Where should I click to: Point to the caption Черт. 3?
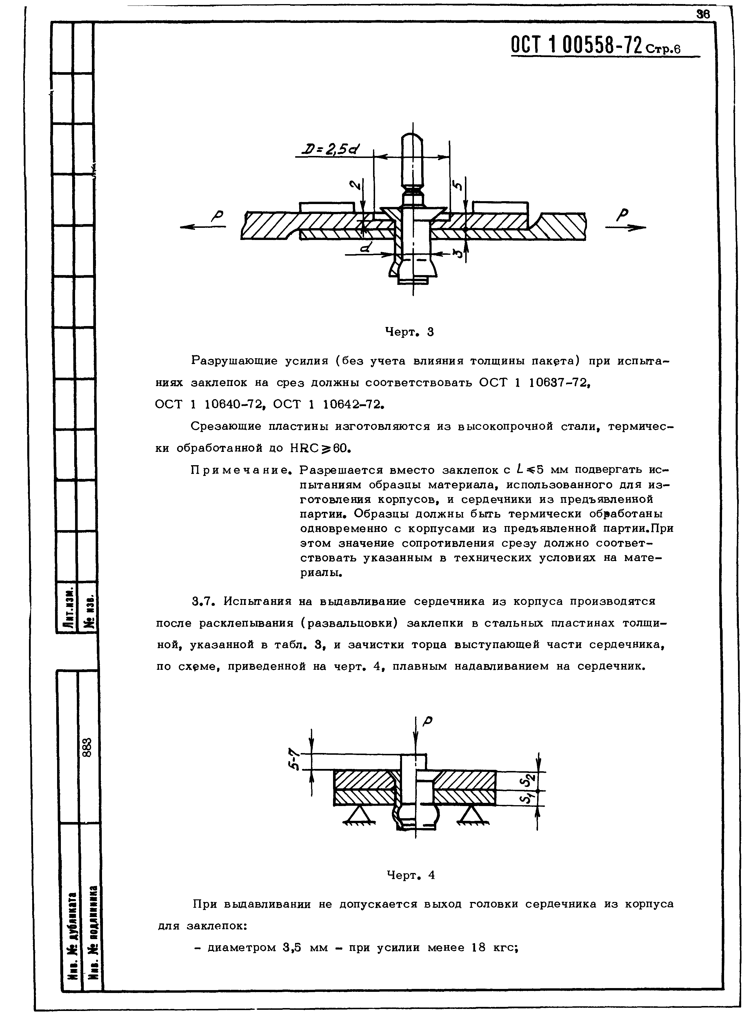point(409,332)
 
